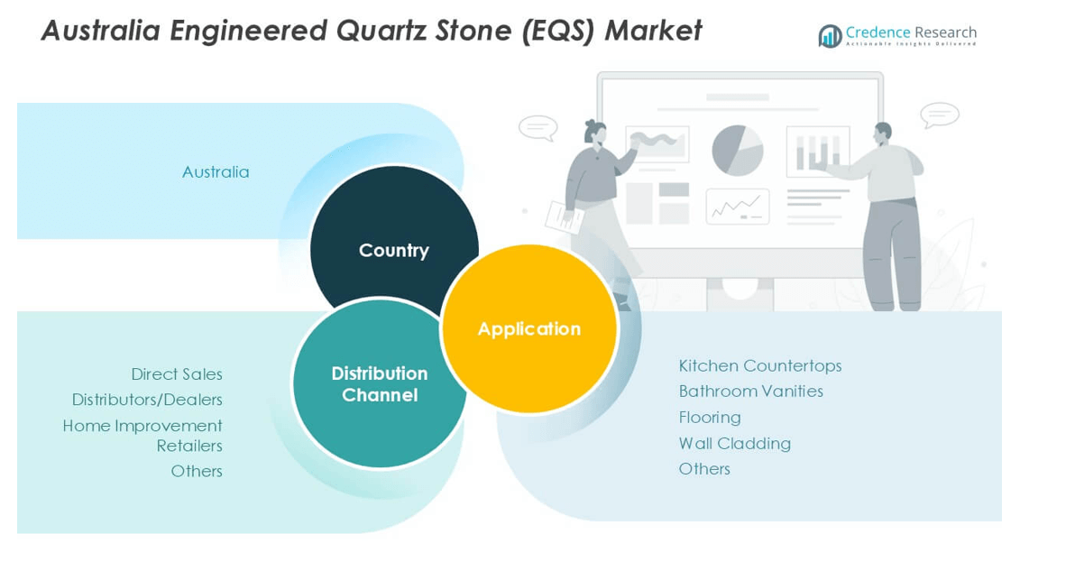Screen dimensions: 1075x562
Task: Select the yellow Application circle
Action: [529, 329]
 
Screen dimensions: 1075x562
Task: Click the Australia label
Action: [216, 172]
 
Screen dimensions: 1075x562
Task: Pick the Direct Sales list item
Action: [177, 374]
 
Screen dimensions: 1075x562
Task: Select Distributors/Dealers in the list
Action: [147, 400]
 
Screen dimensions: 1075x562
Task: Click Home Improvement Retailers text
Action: [142, 435]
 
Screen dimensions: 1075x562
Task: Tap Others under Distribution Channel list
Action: [197, 471]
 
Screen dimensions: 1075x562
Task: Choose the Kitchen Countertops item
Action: [760, 366]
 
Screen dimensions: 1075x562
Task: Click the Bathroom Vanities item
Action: [750, 392]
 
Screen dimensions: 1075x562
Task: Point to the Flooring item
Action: [710, 418]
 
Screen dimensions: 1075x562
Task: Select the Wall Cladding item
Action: [735, 444]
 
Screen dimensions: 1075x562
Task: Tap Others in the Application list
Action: [704, 469]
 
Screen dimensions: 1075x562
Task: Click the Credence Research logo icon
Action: [830, 36]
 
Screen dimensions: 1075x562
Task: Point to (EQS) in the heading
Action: [556, 32]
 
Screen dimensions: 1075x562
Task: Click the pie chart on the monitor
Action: [738, 150]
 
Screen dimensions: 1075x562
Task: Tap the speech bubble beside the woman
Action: [538, 128]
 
